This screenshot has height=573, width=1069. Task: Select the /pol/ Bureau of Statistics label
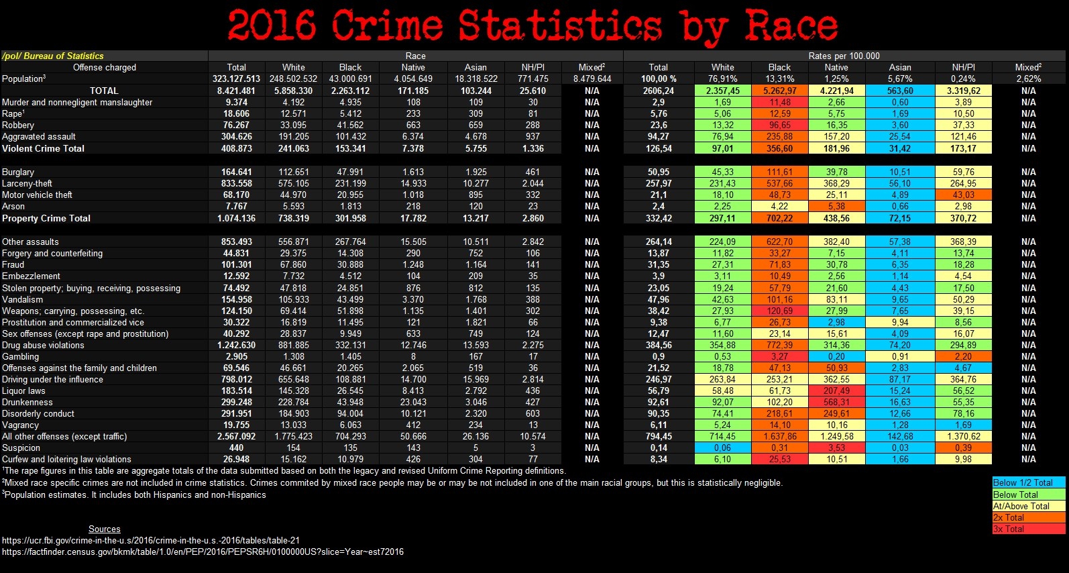click(x=53, y=56)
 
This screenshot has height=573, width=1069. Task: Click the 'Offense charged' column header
click(x=104, y=67)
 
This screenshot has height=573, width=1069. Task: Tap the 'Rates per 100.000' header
click(x=844, y=56)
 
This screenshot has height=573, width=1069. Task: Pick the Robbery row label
click(x=18, y=125)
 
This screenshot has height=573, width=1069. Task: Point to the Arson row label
click(x=13, y=206)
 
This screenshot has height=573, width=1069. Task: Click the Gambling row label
click(x=21, y=356)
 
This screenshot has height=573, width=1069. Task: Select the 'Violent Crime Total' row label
click(x=43, y=148)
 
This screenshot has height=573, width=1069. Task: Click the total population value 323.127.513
click(x=236, y=79)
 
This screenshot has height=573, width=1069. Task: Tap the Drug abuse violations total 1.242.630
click(x=236, y=345)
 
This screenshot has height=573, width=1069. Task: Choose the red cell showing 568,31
click(x=836, y=402)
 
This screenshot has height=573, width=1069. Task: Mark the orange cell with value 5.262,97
click(x=779, y=91)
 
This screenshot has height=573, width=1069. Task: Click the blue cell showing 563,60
click(x=900, y=91)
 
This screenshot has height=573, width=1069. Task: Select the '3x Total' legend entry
click(x=1009, y=529)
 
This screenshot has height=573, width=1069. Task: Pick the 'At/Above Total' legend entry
click(x=1021, y=506)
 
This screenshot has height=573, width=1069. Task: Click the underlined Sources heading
click(x=105, y=529)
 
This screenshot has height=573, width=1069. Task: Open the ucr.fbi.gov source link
click(x=151, y=540)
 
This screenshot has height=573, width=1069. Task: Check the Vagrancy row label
click(x=21, y=425)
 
